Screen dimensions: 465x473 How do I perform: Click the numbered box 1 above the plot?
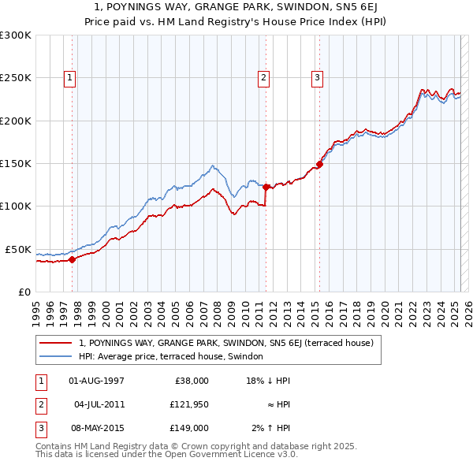(x=70, y=77)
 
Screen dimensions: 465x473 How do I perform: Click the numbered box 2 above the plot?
(x=263, y=77)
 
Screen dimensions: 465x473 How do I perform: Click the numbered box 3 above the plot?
(x=316, y=77)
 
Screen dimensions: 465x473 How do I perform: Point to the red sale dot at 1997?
(x=72, y=259)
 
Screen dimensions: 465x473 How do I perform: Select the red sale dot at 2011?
(x=266, y=187)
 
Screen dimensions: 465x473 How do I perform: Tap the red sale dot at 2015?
(x=319, y=165)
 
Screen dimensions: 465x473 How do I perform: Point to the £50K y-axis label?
(x=17, y=249)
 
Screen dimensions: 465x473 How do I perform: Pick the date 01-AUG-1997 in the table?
(x=97, y=381)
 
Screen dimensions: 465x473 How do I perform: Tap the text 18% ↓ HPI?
(x=270, y=381)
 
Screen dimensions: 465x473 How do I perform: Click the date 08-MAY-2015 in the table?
(x=97, y=428)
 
